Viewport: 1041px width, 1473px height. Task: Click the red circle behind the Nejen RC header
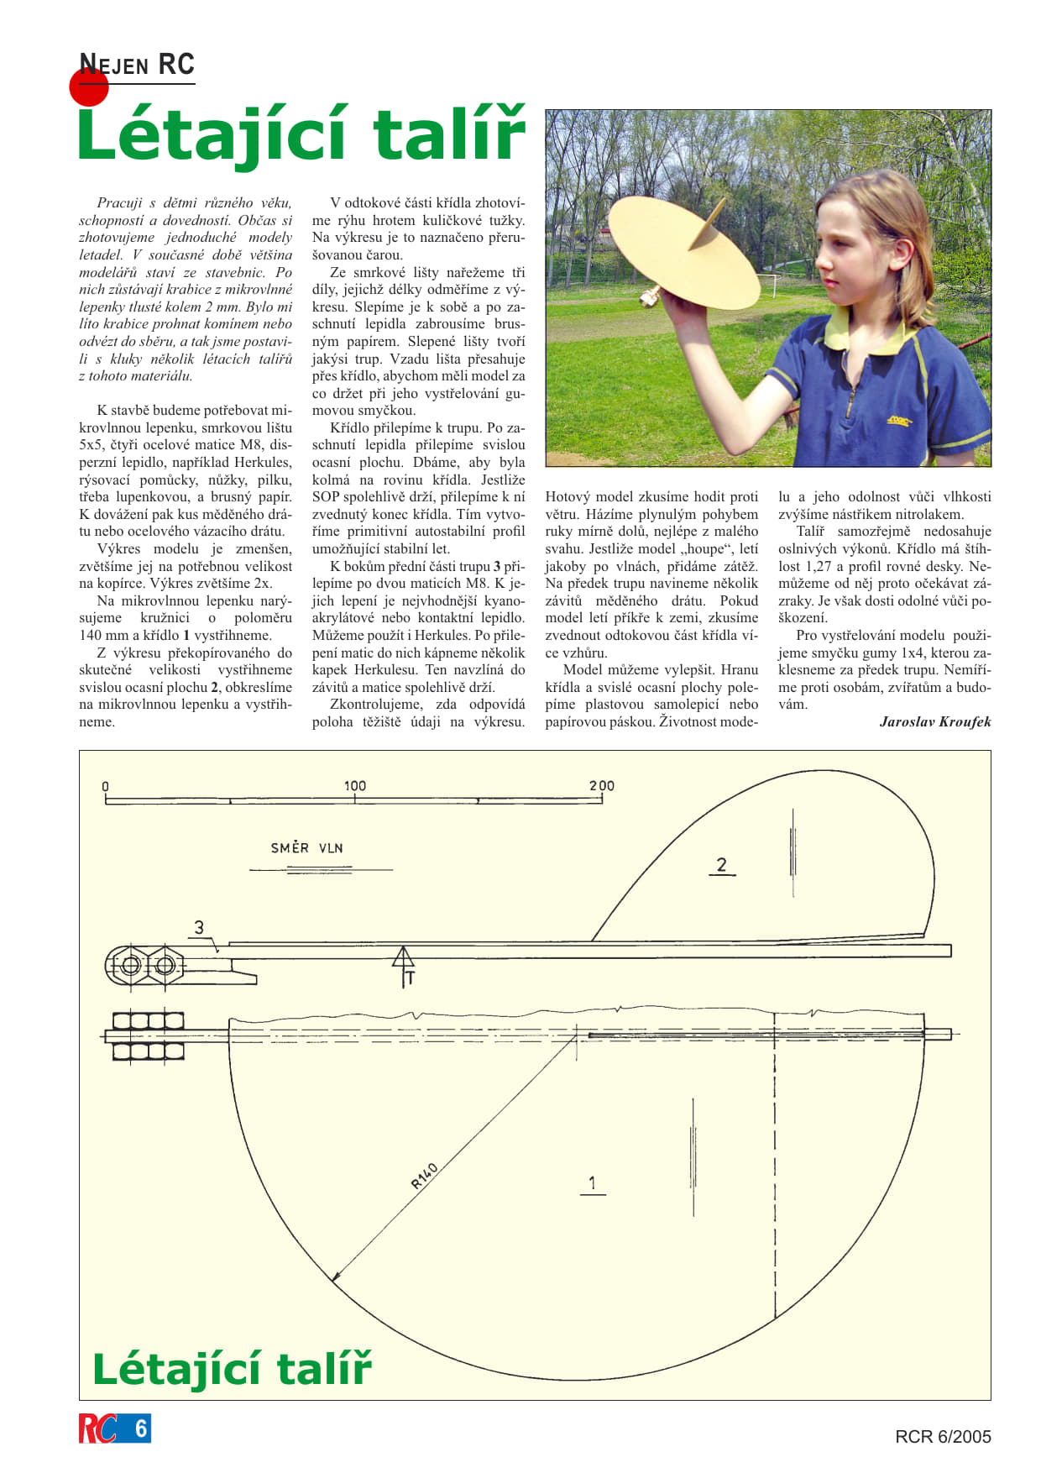click(89, 87)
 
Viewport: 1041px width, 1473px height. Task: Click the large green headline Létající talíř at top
click(301, 134)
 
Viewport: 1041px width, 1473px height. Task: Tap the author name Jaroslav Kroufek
click(934, 721)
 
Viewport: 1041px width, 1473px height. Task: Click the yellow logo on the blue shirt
click(898, 420)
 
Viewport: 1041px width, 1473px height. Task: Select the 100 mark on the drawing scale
click(354, 786)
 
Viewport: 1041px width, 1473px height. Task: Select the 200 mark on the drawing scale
click(601, 786)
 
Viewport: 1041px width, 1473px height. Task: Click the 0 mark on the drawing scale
click(106, 787)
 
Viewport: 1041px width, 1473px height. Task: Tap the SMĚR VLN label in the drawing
click(306, 848)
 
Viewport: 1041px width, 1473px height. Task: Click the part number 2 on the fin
click(721, 865)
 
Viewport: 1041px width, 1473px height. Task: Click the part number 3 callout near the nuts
click(199, 927)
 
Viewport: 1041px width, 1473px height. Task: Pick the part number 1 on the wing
click(592, 1183)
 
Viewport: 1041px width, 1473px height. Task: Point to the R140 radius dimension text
click(424, 1176)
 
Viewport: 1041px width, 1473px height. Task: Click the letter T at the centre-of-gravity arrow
click(411, 978)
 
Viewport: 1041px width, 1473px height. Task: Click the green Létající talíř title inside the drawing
click(232, 1369)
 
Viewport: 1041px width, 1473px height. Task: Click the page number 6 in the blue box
click(140, 1428)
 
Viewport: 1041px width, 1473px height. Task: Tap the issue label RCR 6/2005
click(943, 1437)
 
